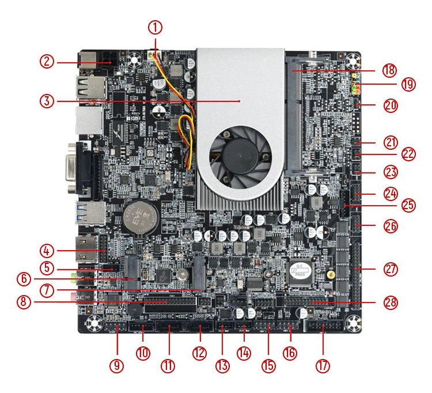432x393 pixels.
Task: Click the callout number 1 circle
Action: pyautogui.click(x=155, y=27)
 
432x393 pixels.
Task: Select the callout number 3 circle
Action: pyautogui.click(x=47, y=101)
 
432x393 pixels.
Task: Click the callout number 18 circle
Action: pyautogui.click(x=390, y=70)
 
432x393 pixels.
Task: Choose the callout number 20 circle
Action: pyautogui.click(x=391, y=106)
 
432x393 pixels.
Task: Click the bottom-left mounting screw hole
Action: pyautogui.click(x=93, y=325)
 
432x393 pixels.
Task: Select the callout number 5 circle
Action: pyautogui.click(x=47, y=268)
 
